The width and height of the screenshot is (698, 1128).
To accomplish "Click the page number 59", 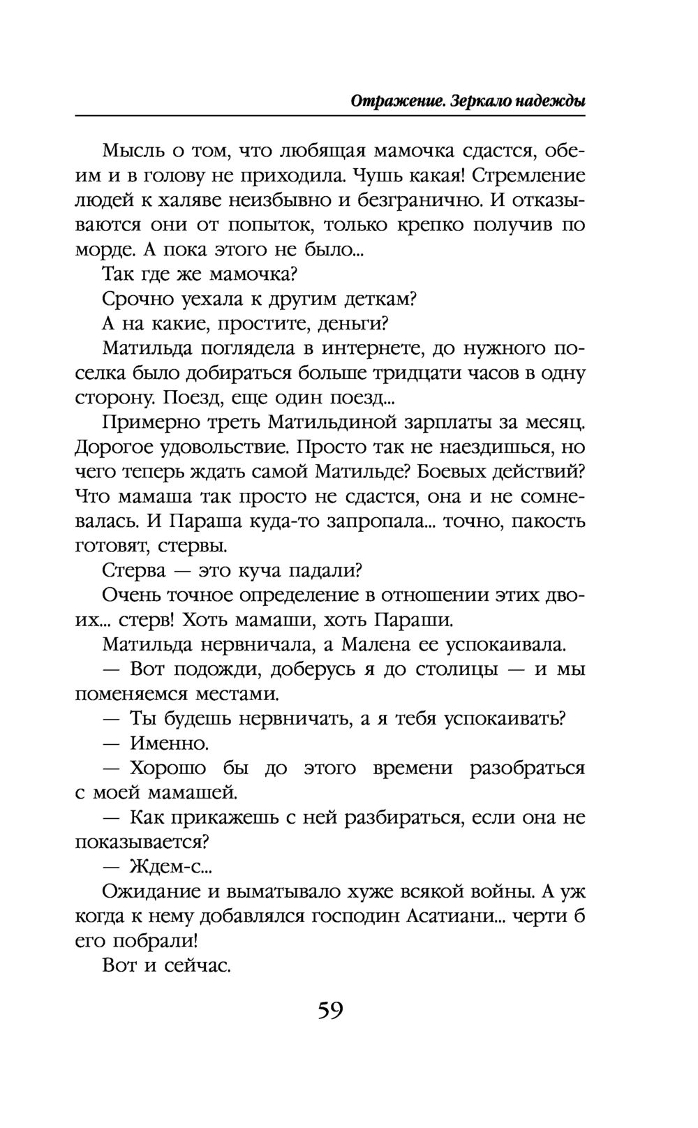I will tap(330, 1011).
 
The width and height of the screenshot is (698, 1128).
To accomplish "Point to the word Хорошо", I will tap(168, 769).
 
